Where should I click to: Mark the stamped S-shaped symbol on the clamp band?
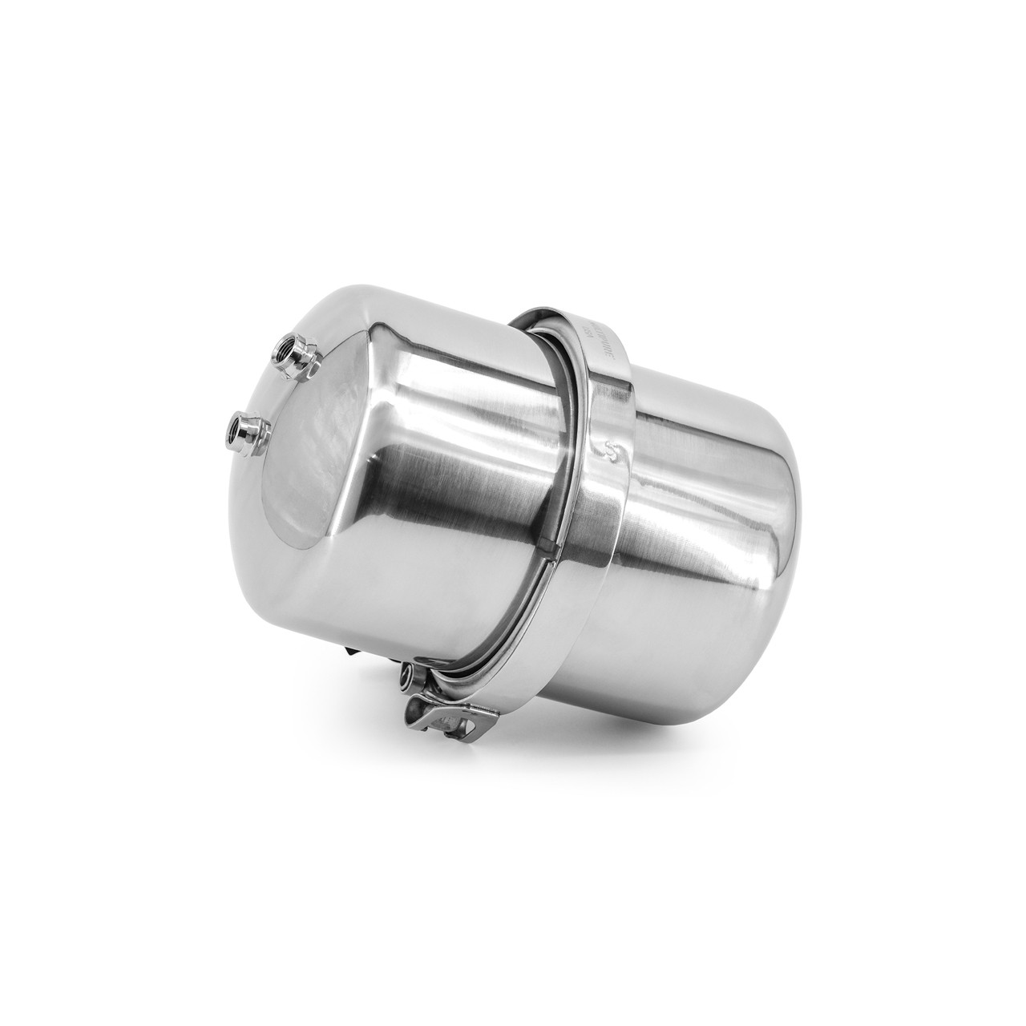coord(614,448)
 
